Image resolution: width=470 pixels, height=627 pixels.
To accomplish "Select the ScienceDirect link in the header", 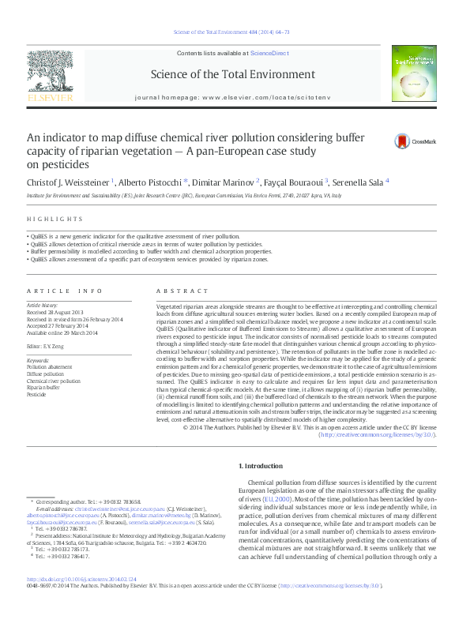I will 269,53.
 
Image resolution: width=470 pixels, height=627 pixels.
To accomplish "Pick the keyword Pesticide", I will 36,394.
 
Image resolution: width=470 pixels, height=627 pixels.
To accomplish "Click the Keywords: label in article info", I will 39,360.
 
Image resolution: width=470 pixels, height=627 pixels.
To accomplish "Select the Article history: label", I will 43,305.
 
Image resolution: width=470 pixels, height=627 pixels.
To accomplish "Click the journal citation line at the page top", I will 234,32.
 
